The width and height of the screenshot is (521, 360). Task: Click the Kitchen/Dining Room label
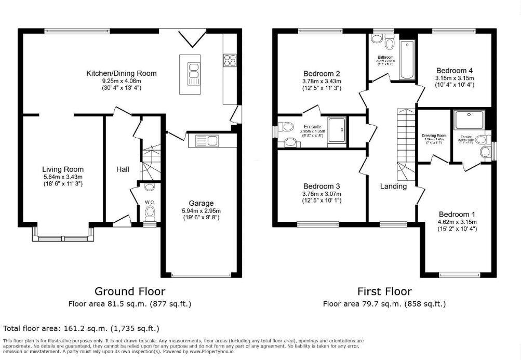[121, 73]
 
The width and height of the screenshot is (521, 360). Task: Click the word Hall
[123, 169]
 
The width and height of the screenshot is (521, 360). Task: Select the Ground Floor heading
[129, 291]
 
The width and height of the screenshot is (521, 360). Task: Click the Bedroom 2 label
[321, 73]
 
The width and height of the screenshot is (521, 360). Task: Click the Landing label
[393, 186]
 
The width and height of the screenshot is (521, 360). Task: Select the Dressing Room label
[434, 136]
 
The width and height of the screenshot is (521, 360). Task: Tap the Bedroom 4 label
[455, 71]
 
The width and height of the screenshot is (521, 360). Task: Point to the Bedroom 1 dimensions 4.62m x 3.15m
[457, 222]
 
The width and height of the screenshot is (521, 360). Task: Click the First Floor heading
[384, 291]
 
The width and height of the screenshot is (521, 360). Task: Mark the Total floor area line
[81, 328]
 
